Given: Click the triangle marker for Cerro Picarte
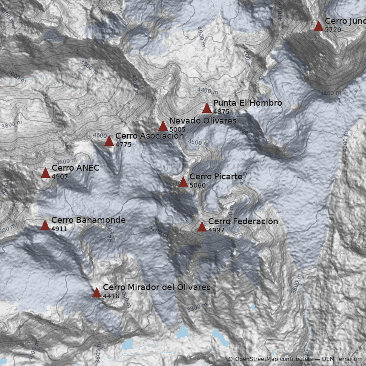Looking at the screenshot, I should pos(183,182).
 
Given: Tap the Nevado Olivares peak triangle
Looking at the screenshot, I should pos(163,126).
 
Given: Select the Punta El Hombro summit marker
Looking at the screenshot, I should pos(207,108).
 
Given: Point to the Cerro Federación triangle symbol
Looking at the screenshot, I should pos(202,227).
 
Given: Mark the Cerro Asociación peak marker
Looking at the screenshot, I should pos(109,141).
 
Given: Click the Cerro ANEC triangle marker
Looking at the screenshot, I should pos(45,173).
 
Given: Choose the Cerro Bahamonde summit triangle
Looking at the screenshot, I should pos(45,226).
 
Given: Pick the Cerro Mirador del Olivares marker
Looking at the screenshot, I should pos(97,293).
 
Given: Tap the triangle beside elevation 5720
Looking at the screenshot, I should pos(318,27).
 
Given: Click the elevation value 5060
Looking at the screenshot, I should pos(198,185).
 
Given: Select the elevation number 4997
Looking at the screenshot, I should pos(216,230).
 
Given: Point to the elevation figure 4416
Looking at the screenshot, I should pos(111,296).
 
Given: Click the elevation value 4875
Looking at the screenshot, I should pos(221,112).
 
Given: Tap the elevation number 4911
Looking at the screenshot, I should pos(59,229).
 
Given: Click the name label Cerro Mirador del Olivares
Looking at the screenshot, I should pos(156,287).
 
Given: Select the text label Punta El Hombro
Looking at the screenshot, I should pos(248,103).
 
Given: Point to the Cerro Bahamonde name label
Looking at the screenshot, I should pos(88,220).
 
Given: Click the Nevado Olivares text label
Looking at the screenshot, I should pos(203,121).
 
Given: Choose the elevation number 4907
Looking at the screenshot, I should pos(60,177).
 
